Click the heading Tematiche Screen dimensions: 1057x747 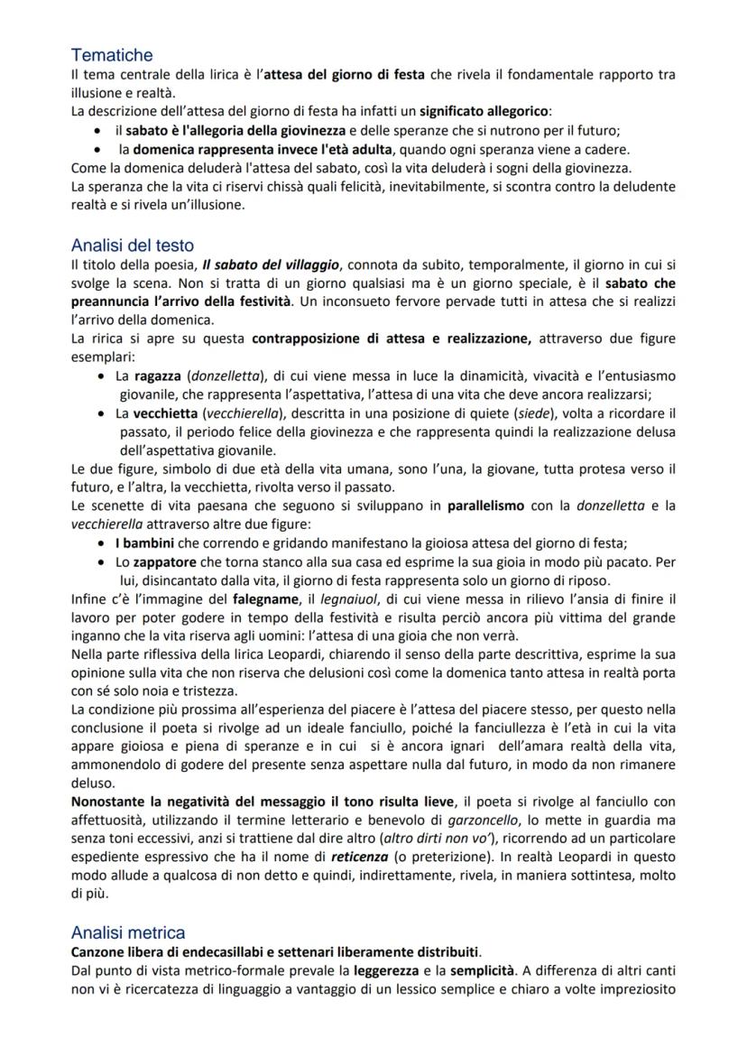[112, 56]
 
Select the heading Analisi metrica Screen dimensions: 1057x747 [128, 932]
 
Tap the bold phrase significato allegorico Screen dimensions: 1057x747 [491, 112]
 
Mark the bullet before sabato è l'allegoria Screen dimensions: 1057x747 [97, 131]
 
